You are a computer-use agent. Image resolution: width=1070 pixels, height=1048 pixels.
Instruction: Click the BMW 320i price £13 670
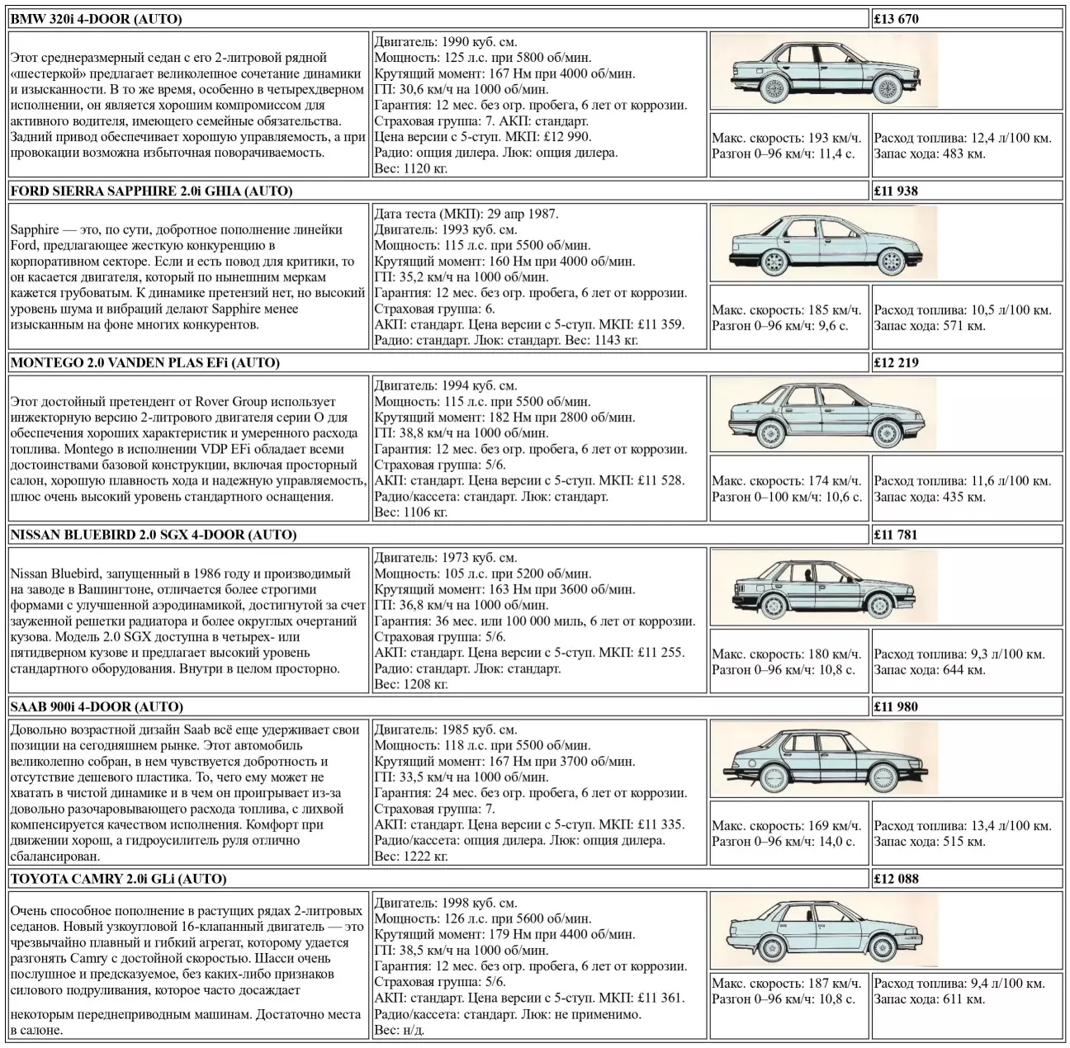(896, 19)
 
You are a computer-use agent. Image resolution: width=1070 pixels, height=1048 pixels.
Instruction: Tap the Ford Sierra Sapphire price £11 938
(896, 191)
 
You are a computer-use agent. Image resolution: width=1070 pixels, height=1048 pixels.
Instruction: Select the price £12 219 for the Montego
(896, 362)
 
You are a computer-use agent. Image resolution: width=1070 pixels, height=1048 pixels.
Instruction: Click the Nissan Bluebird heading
(153, 535)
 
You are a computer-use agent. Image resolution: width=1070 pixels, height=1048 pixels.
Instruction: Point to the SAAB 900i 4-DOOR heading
(97, 706)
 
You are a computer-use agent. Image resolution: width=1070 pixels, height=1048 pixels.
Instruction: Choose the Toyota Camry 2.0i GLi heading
(118, 879)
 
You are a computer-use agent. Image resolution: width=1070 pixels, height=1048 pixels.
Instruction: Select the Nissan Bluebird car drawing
(823, 588)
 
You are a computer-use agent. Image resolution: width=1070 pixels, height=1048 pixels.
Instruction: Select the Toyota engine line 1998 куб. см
(446, 903)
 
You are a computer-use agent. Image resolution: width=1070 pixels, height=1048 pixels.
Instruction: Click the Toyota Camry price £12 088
(896, 879)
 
